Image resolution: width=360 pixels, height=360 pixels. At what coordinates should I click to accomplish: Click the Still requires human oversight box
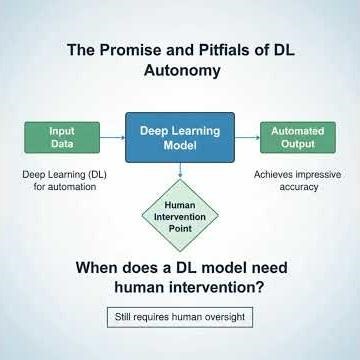(179, 317)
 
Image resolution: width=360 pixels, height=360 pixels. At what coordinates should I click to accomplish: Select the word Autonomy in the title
(180, 71)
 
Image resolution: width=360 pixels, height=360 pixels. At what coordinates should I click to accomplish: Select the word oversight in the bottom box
(220, 317)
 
